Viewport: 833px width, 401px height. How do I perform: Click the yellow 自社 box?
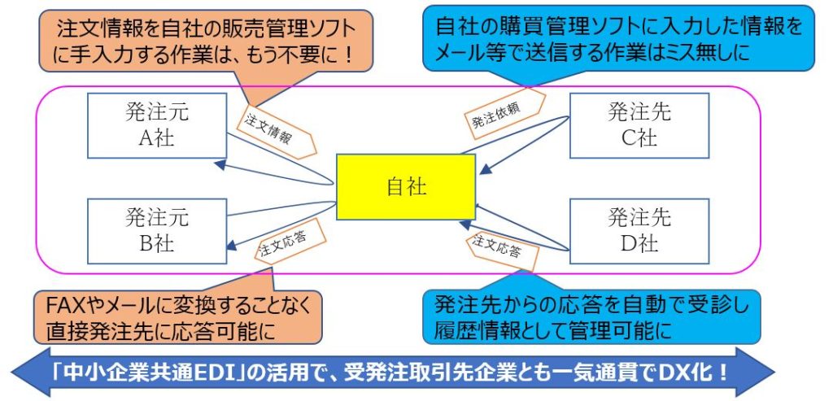406,187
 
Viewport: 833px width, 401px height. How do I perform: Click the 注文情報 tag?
269,127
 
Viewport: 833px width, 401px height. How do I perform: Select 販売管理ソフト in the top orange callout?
293,31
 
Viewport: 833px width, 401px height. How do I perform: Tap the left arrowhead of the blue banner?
24,373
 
